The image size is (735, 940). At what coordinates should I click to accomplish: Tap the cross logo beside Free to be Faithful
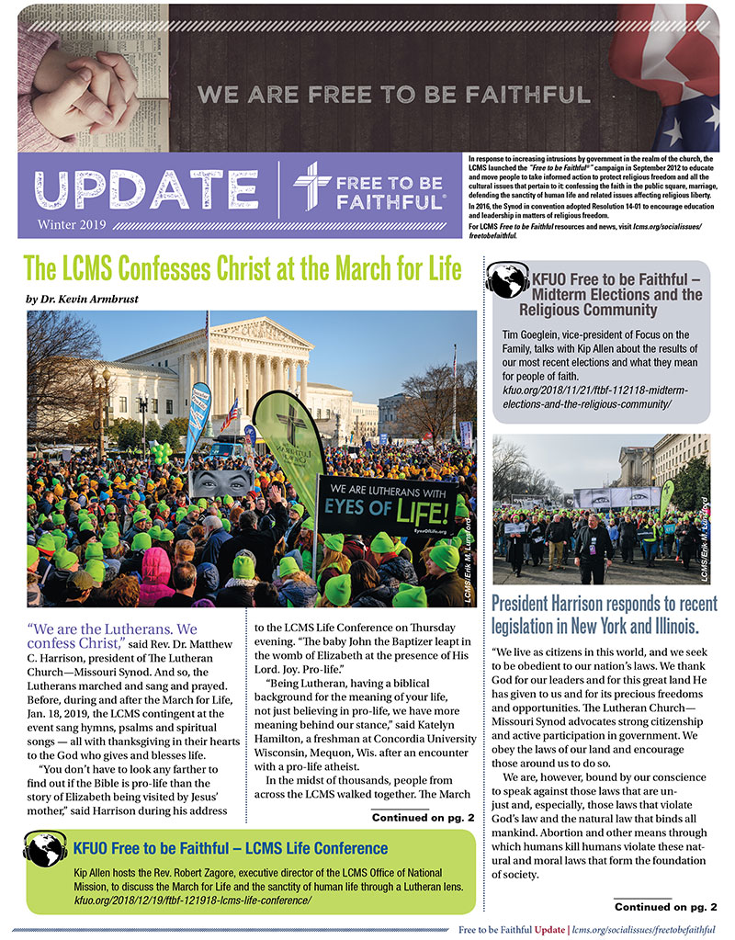click(x=312, y=187)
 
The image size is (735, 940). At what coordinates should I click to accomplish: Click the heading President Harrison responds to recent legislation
click(x=604, y=616)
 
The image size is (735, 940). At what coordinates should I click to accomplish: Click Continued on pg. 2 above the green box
click(x=423, y=817)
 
